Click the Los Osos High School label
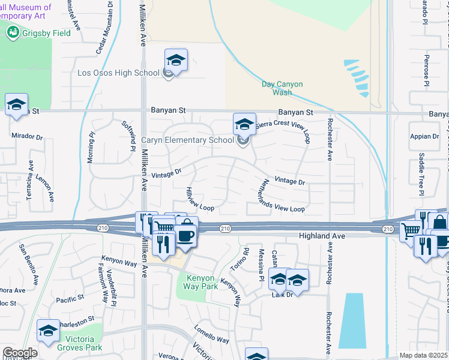point(118,73)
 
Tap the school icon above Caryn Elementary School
point(244,124)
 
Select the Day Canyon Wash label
point(282,88)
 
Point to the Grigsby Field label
point(47,33)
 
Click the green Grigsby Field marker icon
point(13,32)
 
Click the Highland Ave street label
point(322,236)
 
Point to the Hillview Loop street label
point(200,199)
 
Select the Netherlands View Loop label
point(282,196)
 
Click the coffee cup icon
point(187,234)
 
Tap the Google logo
point(19,353)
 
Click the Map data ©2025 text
point(423,355)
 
